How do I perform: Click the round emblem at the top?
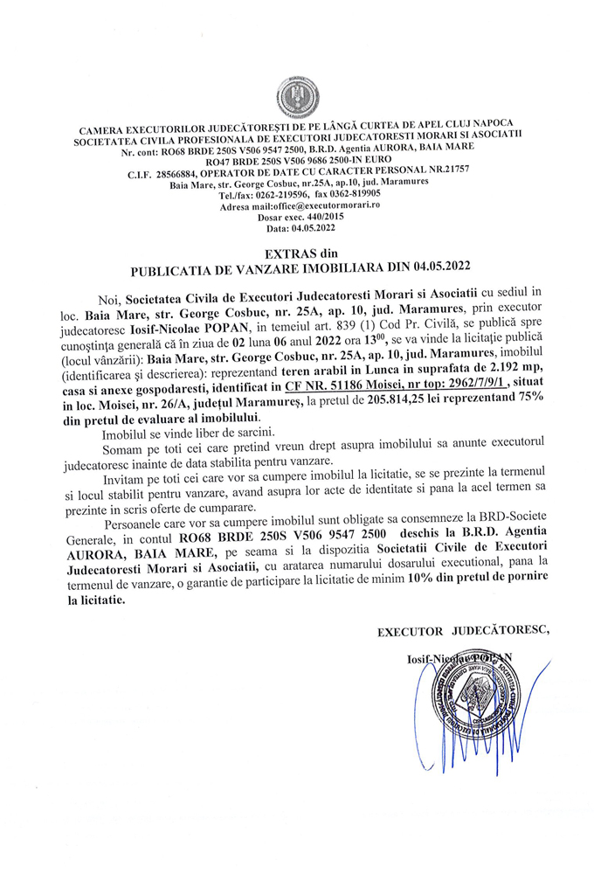coord(296,94)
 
